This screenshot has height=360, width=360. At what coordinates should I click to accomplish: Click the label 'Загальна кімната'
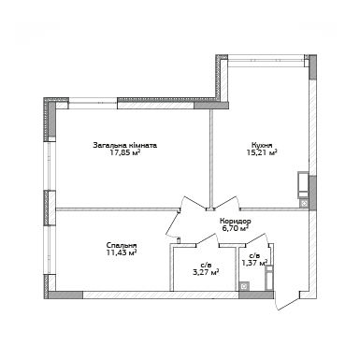pyautogui.click(x=124, y=145)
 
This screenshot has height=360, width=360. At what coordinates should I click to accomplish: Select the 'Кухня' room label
pyautogui.click(x=261, y=145)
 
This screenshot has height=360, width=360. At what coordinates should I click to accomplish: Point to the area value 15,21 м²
pyautogui.click(x=261, y=154)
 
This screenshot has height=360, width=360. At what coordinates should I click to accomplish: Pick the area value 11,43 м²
pyautogui.click(x=122, y=253)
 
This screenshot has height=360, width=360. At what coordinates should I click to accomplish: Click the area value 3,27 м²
pyautogui.click(x=205, y=273)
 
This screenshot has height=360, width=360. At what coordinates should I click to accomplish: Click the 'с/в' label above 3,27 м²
pyautogui.click(x=205, y=265)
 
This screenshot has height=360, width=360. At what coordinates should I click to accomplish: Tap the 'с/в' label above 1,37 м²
pyautogui.click(x=253, y=254)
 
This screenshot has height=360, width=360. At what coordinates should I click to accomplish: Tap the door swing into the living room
pyautogui.click(x=194, y=203)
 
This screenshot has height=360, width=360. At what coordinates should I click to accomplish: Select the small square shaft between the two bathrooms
pyautogui.click(x=244, y=286)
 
